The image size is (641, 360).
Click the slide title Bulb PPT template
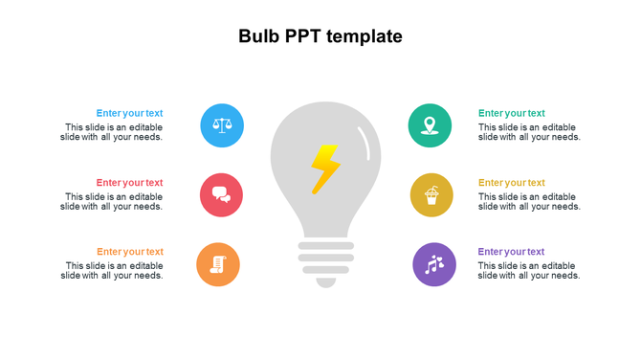tap(320, 37)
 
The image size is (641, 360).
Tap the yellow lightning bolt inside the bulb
tap(324, 169)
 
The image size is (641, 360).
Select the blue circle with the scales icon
tap(222, 125)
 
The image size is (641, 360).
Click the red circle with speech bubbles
tap(221, 194)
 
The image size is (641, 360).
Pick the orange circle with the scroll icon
tap(218, 264)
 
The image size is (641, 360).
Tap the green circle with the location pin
tap(430, 125)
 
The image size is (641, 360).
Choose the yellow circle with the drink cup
tap(431, 195)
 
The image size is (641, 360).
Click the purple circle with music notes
tap(434, 264)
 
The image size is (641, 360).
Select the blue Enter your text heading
tap(129, 113)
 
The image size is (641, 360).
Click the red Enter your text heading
tap(129, 183)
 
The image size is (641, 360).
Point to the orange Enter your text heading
tap(129, 252)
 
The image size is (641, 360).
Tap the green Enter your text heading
tap(512, 113)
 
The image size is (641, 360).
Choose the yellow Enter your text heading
tap(512, 183)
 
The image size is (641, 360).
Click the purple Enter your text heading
tap(512, 252)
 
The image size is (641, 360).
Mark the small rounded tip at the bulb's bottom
tap(326, 281)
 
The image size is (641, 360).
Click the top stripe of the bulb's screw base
tap(326, 246)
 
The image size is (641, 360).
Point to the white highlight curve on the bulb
tap(365, 141)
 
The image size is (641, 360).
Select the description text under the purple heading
tap(529, 271)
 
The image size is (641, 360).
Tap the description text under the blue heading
tap(112, 132)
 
